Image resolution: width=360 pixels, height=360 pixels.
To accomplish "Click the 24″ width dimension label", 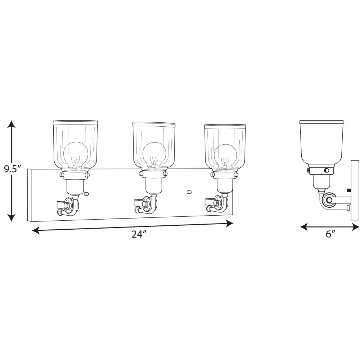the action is tap(139, 234).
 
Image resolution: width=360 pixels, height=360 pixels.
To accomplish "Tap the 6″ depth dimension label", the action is tap(330, 234).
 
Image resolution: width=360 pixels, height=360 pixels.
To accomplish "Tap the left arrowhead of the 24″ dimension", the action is tap(36, 230).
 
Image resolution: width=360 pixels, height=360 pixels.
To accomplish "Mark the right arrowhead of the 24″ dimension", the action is tap(229, 224).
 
